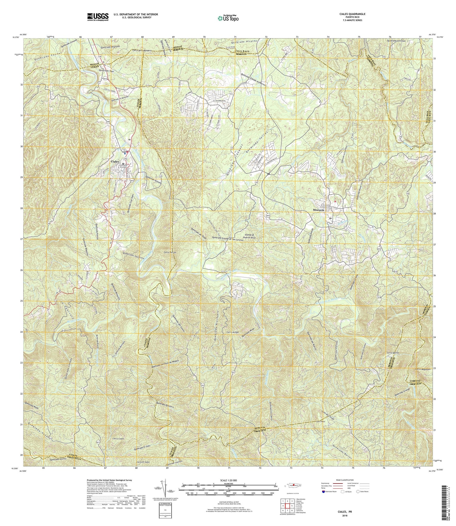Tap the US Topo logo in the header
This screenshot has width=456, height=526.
pos(228,18)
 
